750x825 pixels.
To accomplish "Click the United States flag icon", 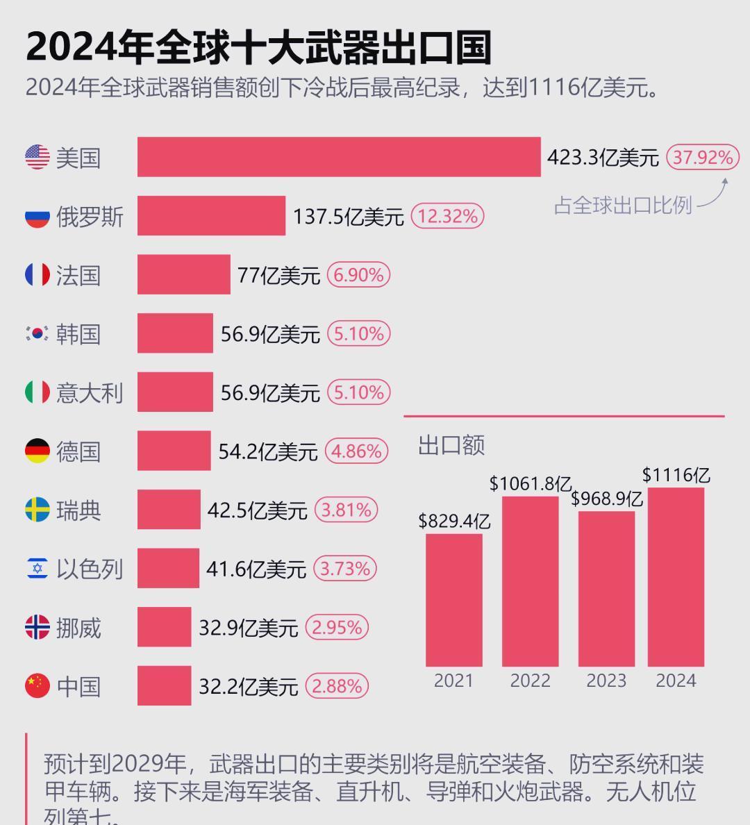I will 37,157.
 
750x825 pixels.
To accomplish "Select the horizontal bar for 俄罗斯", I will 211,216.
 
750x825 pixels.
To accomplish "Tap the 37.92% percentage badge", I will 702,157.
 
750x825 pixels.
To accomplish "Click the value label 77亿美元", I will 278,275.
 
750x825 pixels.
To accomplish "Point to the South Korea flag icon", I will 37,333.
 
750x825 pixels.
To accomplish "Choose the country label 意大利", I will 90,393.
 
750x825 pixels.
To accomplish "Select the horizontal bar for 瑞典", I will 169,510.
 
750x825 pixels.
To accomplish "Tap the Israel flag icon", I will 37,568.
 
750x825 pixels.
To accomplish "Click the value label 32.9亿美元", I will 248,628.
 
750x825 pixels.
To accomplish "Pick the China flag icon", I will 37,686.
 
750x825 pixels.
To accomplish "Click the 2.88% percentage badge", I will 337,686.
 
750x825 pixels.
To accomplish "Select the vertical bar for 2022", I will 530,582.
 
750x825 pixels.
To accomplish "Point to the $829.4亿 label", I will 454,521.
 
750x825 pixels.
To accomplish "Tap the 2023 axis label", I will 606,681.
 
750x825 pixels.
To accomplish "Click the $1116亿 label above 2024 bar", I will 676,475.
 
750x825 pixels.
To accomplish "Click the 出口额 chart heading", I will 451,445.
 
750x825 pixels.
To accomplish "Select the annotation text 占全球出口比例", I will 623,205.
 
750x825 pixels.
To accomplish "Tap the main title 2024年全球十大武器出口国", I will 258,47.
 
